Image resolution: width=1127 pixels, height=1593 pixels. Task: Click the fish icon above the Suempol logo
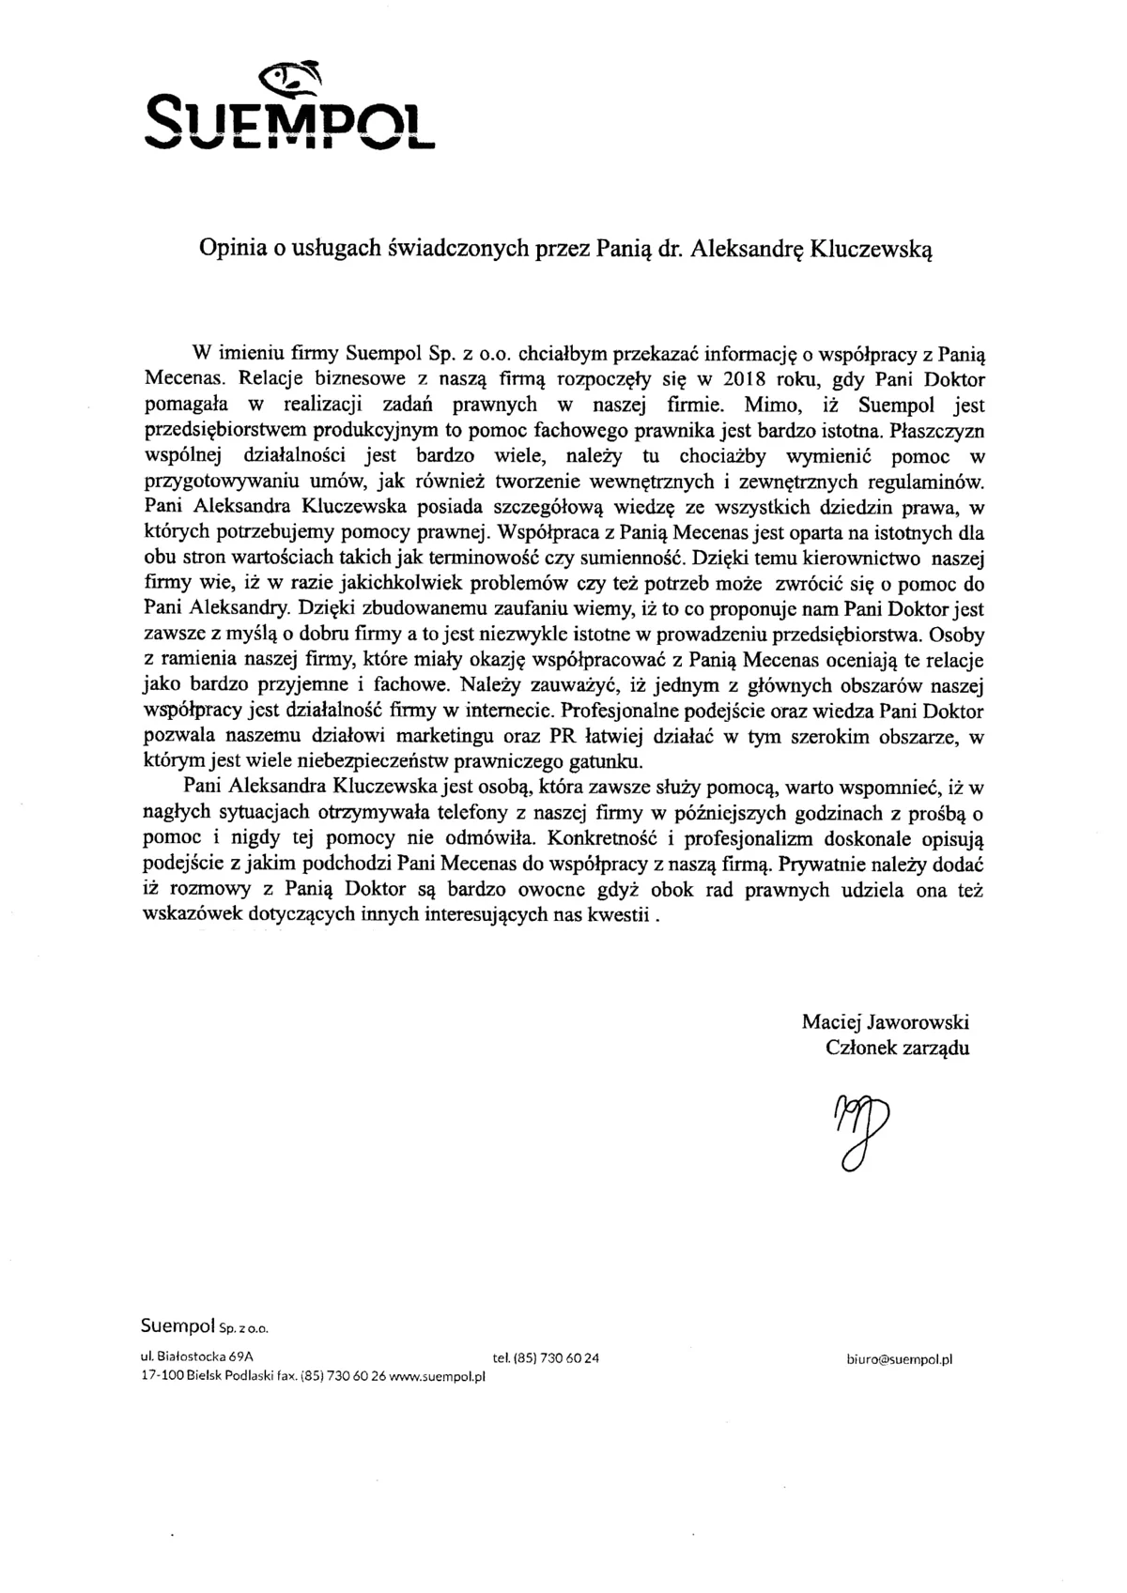pos(292,80)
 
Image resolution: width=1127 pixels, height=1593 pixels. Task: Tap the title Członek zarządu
pos(897,1048)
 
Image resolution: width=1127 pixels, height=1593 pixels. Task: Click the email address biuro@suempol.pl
pos(899,1357)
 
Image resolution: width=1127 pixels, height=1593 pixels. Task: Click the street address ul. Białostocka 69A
pos(196,1356)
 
